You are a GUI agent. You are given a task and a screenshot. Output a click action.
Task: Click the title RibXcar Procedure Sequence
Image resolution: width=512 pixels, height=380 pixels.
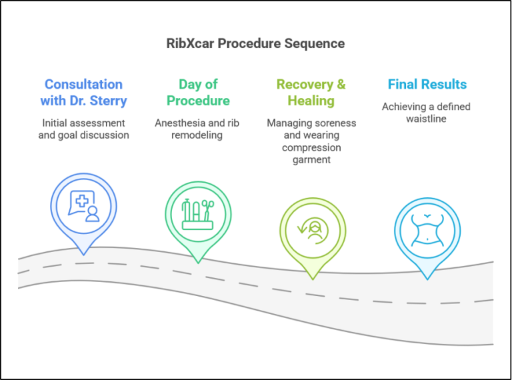coord(255,43)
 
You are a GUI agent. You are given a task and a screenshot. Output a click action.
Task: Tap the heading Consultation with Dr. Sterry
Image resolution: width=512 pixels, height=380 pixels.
coord(83,93)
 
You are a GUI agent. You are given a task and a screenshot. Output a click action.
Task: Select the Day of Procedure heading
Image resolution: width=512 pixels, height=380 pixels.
coord(198,93)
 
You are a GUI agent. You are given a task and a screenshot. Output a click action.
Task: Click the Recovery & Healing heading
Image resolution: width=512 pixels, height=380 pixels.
coord(311,93)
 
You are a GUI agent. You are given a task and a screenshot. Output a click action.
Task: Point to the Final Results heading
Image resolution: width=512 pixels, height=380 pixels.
coord(427,84)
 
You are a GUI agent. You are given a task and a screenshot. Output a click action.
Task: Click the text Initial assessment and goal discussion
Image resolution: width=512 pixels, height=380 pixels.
coord(83,129)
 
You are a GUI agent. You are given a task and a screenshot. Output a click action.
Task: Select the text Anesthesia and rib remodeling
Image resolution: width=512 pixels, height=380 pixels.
coord(197,129)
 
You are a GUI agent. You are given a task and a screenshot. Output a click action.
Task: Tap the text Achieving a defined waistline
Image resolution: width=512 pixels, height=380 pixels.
coord(426,113)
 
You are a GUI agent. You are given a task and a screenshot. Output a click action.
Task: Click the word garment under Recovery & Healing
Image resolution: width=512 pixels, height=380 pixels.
coord(311,159)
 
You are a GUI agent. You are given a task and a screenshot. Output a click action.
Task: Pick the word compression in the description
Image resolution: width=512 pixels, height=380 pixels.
coord(311,147)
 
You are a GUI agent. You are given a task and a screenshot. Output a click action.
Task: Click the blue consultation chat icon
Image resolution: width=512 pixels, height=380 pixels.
coord(84,206)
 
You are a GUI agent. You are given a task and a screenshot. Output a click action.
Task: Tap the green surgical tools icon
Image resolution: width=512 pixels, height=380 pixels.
coord(198,215)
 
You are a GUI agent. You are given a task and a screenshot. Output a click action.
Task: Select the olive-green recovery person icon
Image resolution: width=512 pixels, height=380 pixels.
coord(313,231)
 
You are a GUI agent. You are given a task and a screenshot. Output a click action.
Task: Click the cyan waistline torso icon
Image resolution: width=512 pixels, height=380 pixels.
coord(427,230)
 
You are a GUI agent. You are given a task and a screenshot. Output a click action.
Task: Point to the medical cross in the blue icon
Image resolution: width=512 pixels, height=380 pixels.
coord(82,201)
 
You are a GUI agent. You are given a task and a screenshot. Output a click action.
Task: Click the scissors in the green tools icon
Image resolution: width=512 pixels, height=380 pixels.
coord(208,211)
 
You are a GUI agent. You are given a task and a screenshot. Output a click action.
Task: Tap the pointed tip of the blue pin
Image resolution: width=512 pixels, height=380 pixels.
coord(83,255)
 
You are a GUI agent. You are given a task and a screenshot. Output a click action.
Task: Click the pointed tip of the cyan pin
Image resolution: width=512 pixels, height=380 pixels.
coord(427,279)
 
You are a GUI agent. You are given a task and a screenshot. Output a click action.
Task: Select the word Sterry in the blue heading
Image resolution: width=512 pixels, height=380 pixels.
coord(108,101)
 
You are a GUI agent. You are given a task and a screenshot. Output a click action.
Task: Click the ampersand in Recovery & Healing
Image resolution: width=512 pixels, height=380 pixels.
coord(341,84)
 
